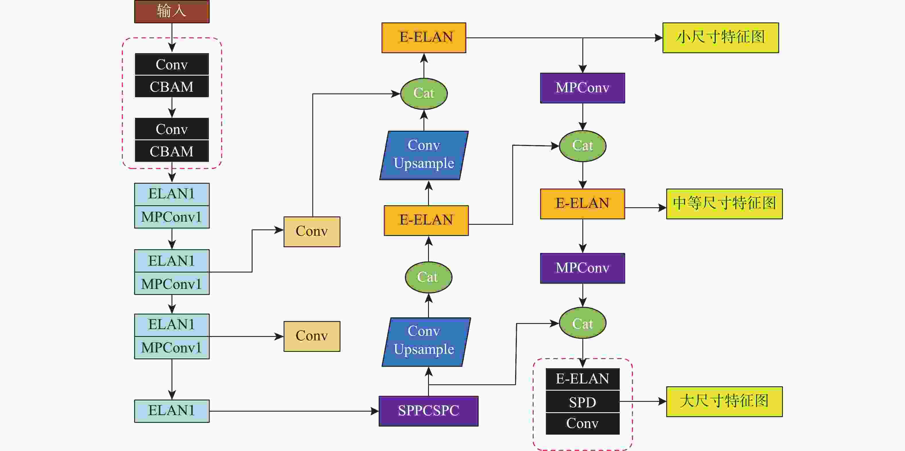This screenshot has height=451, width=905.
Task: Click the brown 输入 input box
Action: tap(172, 11)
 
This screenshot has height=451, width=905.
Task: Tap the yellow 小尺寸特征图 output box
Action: tap(721, 38)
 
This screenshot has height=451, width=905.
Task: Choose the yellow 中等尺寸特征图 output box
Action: tap(724, 204)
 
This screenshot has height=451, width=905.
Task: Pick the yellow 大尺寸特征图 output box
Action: tap(724, 402)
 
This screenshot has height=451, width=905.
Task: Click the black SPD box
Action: tap(582, 402)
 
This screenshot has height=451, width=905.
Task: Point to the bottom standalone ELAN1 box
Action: tap(172, 410)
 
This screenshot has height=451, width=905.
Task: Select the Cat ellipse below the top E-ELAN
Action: tap(424, 93)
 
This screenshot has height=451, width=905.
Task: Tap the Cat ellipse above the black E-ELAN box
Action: tap(582, 323)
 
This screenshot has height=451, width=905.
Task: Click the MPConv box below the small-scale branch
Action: tap(582, 88)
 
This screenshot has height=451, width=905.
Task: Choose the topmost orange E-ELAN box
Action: tap(424, 38)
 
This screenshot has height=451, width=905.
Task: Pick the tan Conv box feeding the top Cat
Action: tap(312, 232)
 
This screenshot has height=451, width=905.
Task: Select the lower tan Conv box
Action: tap(312, 336)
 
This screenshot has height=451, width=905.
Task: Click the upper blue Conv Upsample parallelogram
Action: tap(424, 155)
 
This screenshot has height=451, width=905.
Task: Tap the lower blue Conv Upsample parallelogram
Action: tap(426, 342)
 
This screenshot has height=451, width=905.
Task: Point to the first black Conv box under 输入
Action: tap(172, 64)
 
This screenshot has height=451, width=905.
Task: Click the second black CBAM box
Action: tap(172, 151)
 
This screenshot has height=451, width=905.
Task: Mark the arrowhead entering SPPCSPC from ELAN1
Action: tap(375, 411)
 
